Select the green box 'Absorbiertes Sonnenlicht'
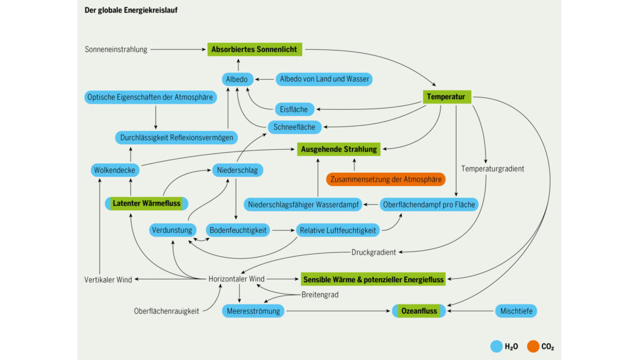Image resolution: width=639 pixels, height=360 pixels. pos(255,49)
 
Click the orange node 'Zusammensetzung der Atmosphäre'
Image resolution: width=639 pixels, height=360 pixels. pos(386,179)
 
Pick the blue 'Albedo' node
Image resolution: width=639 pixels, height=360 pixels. pos(237,79)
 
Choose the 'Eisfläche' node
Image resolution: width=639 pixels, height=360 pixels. pos(293,109)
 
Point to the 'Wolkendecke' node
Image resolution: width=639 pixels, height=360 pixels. pos(114,170)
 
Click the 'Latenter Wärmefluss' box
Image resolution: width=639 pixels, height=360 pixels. pos(147,203)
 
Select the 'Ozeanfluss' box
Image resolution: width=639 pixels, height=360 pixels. pos(418,310)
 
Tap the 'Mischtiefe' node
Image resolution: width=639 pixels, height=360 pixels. pos(515,310)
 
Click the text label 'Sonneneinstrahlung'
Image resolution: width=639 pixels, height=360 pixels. pos(116,49)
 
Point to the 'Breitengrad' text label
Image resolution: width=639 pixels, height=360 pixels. pos(319,294)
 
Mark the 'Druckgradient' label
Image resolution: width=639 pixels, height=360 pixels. pos(373,252)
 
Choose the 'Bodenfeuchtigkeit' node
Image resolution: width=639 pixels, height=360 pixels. pos(237,230)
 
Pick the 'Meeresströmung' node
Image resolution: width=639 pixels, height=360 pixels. pos(253,310)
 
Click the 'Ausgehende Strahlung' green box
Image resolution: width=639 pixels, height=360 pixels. pos(339,150)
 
